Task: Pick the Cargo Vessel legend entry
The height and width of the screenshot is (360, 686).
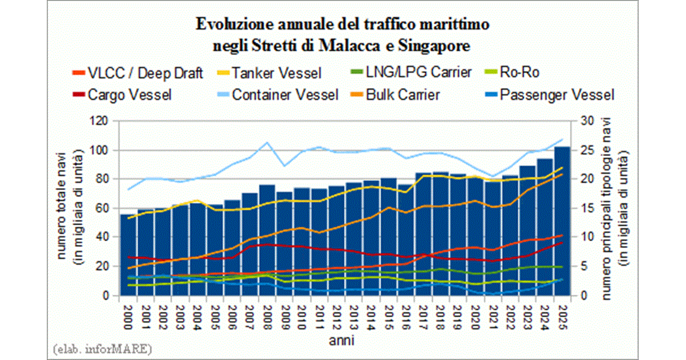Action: pyautogui.click(x=130, y=94)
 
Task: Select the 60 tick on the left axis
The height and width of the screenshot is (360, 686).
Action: pyautogui.click(x=105, y=209)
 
